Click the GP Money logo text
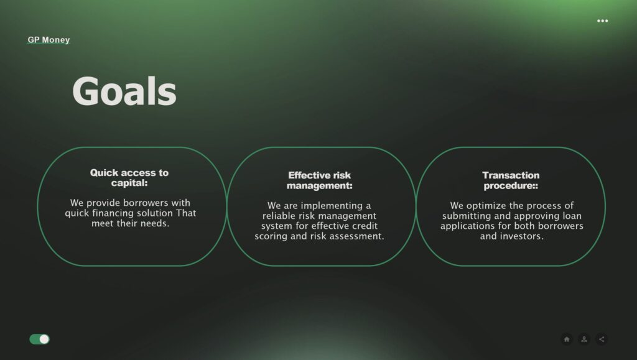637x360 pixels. (49, 40)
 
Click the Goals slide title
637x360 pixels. (124, 91)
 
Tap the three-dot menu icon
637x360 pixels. (602, 21)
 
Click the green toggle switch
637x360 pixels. (39, 339)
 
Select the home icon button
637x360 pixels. (567, 339)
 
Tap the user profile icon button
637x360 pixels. (584, 339)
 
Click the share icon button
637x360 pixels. (602, 339)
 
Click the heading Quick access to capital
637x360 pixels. (129, 178)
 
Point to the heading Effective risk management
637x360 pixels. (320, 180)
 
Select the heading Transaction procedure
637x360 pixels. (511, 180)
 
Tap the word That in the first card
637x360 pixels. (186, 213)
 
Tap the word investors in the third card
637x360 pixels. (523, 236)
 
